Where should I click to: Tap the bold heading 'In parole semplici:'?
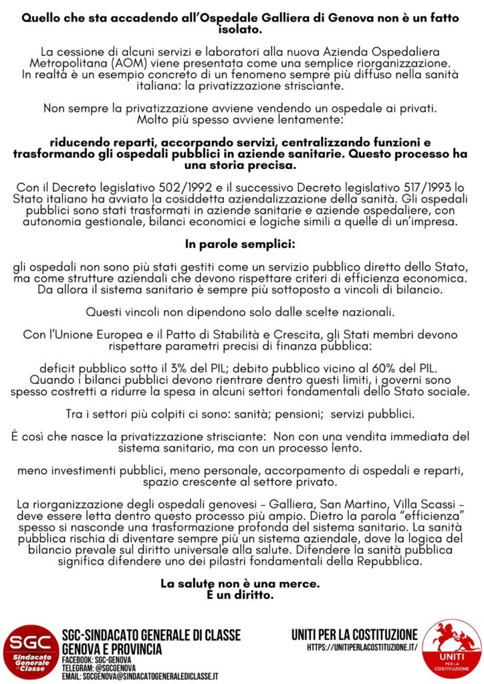tap(242, 242)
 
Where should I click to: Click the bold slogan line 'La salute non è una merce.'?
tap(241, 584)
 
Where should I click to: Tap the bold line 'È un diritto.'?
tap(241, 594)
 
